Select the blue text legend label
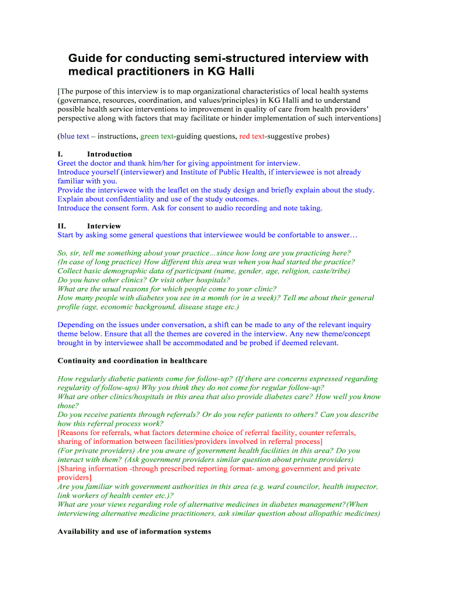coord(75,137)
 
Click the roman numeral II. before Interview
coord(62,226)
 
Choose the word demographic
coord(133,271)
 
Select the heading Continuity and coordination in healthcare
coord(132,361)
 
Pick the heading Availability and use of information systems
coord(134,532)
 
